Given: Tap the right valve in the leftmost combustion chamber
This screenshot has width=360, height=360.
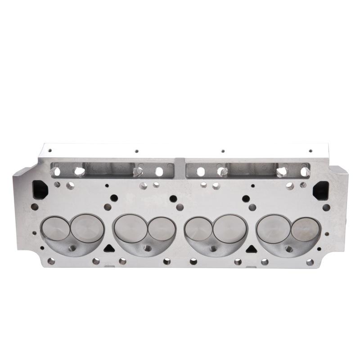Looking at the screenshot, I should [x=87, y=227].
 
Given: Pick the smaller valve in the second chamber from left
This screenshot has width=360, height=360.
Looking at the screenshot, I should [x=161, y=229].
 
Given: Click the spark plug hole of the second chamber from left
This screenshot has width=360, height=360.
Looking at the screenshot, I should [x=147, y=248].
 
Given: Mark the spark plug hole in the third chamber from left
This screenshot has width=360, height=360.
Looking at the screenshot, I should [x=213, y=248].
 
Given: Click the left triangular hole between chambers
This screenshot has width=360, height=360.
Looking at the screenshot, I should [x=108, y=248].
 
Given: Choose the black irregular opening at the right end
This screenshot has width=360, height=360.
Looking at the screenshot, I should [x=320, y=189].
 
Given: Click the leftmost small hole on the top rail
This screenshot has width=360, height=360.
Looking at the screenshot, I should [x=50, y=151].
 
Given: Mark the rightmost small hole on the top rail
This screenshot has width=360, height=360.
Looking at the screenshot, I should [x=310, y=151].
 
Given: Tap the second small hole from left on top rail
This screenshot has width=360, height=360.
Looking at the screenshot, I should [x=136, y=152].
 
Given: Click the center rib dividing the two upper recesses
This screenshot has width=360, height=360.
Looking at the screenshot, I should [x=180, y=167].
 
